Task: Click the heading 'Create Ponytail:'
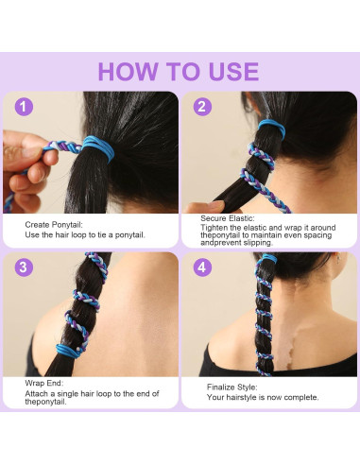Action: point(54,224)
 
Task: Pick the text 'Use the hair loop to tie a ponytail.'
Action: point(85,233)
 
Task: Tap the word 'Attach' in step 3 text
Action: point(37,393)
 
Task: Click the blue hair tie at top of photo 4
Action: point(268,257)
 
